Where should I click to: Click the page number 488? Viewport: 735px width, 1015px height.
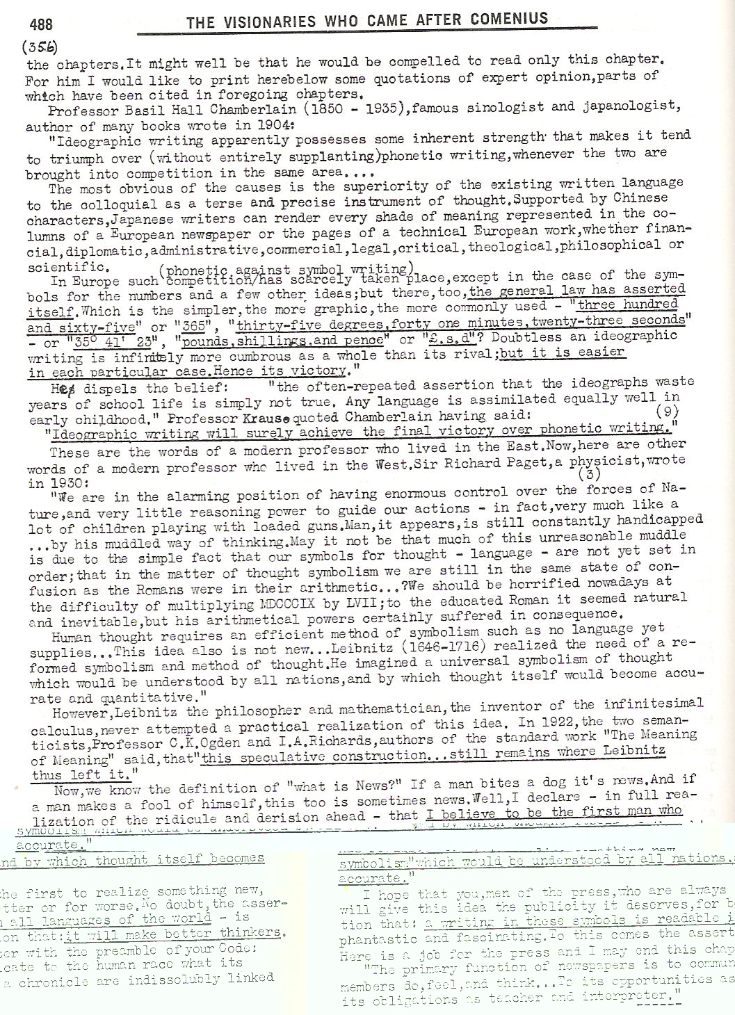pos(41,24)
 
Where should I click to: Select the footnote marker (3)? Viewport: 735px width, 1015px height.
pos(590,475)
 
